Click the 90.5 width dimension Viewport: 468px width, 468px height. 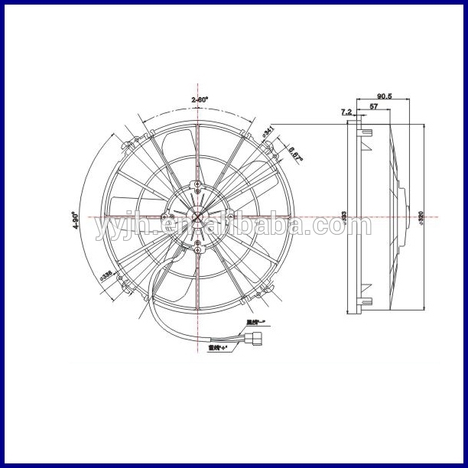coord(384,96)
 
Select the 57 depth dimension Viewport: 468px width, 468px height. coord(375,106)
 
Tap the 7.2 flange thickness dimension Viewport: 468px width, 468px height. coord(346,112)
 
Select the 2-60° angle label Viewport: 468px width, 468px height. coord(200,99)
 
